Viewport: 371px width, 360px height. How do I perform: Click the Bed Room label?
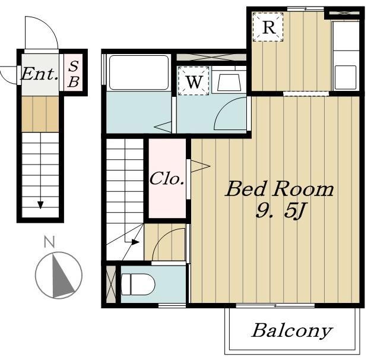280,189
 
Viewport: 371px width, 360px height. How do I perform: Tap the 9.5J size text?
280,210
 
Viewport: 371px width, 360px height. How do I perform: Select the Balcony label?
292,331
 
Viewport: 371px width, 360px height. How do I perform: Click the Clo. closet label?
167,178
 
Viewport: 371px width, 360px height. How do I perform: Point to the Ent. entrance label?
40,74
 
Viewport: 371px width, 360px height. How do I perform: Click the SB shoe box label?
74,74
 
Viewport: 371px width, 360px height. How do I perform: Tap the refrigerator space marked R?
268,27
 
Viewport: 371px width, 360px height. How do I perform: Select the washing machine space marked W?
194,81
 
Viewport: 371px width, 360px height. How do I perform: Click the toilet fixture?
138,285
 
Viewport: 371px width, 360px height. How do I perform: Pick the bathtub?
139,72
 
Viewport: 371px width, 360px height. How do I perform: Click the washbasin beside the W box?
229,82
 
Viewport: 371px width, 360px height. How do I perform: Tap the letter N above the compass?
50,242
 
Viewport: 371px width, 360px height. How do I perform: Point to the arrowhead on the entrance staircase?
40,205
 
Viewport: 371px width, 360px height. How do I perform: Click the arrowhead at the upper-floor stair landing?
135,242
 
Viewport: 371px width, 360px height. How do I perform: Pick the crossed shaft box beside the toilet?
111,284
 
